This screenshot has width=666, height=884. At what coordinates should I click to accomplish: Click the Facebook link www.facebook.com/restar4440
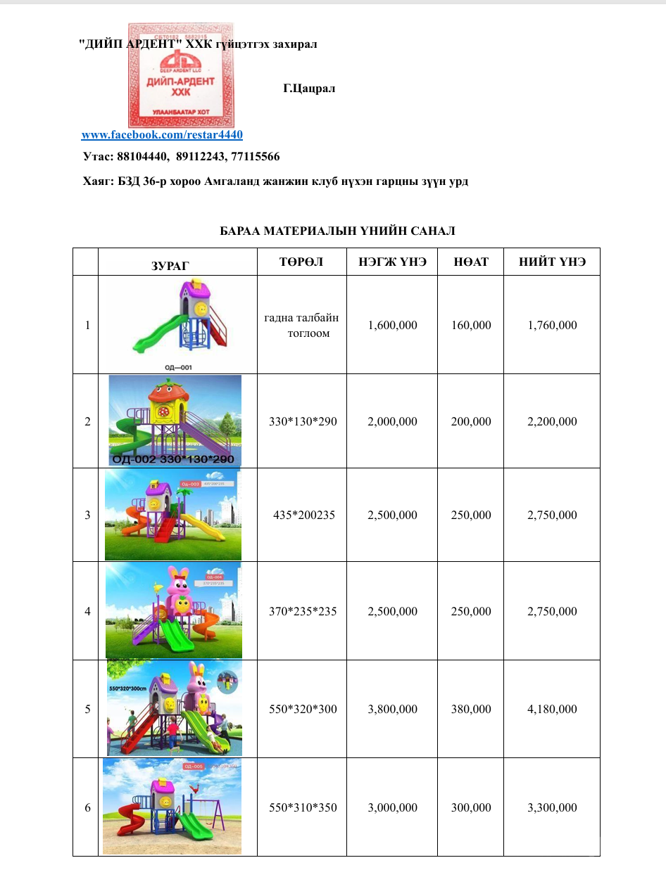162,134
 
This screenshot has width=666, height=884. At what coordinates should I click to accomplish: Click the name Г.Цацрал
309,89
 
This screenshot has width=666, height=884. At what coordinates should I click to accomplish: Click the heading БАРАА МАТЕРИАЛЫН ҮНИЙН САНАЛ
337,231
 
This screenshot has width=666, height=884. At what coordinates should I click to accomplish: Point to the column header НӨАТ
471,262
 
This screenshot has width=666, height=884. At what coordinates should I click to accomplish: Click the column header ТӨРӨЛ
301,262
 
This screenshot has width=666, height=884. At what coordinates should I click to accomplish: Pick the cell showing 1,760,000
552,325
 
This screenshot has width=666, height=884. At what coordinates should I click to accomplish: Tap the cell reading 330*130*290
303,422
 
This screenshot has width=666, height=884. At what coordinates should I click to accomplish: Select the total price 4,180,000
552,709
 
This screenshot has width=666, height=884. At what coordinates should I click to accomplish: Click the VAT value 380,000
471,709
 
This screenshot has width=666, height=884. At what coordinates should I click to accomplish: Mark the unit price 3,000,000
392,807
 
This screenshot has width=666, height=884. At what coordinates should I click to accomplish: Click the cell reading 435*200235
303,515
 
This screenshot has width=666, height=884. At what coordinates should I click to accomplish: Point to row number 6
87,807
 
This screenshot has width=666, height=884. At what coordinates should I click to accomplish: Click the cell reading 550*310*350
303,807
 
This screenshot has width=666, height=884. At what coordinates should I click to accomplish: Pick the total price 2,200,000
552,422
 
